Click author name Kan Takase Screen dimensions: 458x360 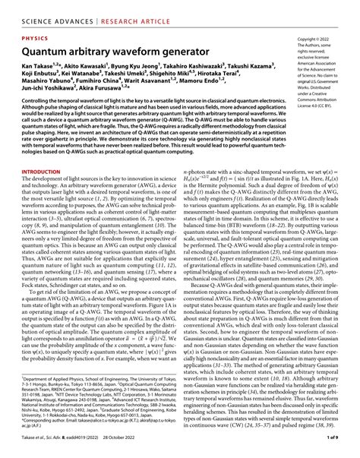point(38,68)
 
